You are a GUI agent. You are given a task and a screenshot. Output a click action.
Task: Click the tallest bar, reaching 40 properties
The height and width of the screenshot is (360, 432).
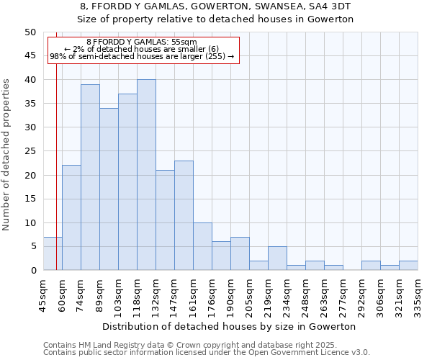(x=146, y=175)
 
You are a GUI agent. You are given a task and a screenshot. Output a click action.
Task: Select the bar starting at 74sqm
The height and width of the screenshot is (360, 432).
(x=90, y=177)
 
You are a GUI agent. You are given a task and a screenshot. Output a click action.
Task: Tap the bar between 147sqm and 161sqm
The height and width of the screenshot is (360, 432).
(x=184, y=215)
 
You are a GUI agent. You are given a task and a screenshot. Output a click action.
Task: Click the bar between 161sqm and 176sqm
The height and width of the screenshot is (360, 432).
(x=202, y=246)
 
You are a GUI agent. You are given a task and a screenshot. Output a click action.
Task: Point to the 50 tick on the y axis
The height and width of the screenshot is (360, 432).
(x=30, y=32)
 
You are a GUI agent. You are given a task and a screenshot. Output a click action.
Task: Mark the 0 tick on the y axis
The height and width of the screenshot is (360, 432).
(x=32, y=271)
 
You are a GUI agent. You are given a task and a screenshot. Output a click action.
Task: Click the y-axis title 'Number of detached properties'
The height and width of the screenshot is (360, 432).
(x=7, y=151)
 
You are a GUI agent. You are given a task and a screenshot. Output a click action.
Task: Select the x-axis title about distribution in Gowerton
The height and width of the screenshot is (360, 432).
(x=230, y=326)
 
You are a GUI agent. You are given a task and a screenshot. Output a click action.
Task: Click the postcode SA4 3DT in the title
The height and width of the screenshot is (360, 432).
(x=329, y=6)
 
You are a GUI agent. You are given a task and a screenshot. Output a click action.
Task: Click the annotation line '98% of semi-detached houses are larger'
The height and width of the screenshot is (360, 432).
(x=141, y=56)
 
